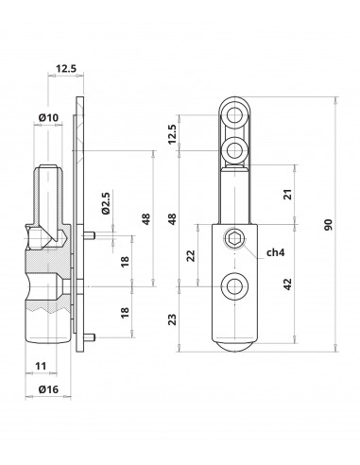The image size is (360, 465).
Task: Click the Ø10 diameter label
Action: pyautogui.click(x=48, y=117)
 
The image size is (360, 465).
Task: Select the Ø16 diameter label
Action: pyautogui.click(x=48, y=389)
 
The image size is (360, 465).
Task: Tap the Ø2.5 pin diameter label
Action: pyautogui.click(x=106, y=203)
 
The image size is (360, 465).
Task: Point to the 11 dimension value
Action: pyautogui.click(x=41, y=366)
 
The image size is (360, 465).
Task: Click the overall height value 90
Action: pyautogui.click(x=328, y=224)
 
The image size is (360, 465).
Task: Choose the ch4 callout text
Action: pyautogui.click(x=276, y=252)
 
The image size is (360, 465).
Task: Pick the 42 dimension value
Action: pyautogui.click(x=288, y=284)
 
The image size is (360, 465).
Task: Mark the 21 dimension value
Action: pyautogui.click(x=288, y=194)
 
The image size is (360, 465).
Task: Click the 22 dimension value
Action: pyautogui.click(x=191, y=255)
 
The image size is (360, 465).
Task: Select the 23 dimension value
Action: pyautogui.click(x=172, y=319)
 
